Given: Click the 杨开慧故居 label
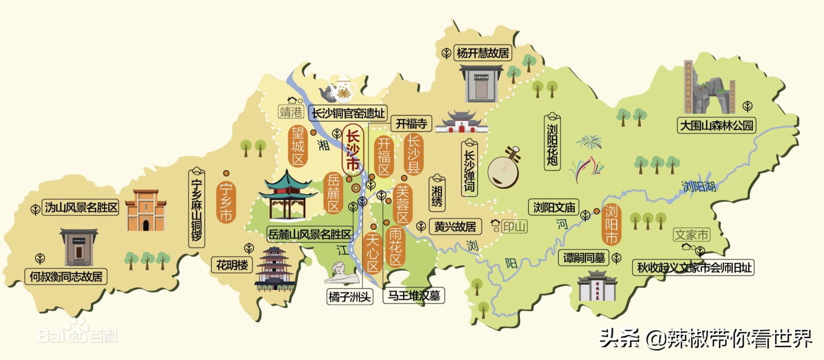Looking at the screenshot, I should [x=483, y=53].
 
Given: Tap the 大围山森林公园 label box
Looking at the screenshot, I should [x=716, y=125].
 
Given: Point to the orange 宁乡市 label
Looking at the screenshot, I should [x=226, y=202].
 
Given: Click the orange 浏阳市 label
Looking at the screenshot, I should [x=611, y=224].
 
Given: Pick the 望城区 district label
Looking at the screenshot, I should [x=298, y=146].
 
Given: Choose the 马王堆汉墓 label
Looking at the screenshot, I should [x=413, y=296].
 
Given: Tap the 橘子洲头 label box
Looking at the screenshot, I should [x=349, y=297].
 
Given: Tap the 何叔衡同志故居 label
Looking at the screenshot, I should [x=66, y=276].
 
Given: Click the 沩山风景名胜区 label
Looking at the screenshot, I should [x=81, y=207].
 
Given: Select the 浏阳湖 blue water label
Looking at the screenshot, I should [x=699, y=186].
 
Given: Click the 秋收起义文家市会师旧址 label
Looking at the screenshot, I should [x=693, y=268].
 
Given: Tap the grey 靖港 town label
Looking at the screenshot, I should [x=291, y=112].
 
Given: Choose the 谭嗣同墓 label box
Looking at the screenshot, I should [x=584, y=258].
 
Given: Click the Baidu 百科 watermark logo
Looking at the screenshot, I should [x=77, y=333].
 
